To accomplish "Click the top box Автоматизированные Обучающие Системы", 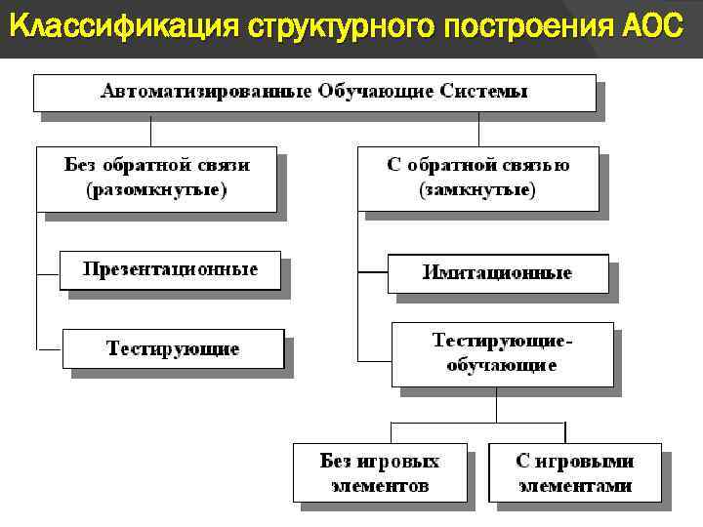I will click(x=314, y=92).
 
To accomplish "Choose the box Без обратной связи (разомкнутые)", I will click(x=156, y=178).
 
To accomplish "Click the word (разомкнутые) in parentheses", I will click(x=156, y=190).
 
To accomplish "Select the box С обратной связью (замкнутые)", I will click(x=477, y=178).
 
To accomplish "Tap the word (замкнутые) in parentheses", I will click(x=477, y=190).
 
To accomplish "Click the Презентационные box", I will click(x=170, y=269).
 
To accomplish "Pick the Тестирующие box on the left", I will click(x=173, y=348).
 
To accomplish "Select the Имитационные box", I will click(x=497, y=273).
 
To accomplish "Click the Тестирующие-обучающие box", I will click(x=502, y=353).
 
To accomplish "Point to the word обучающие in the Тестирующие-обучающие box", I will click(x=502, y=366).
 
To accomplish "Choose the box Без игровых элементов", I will click(x=379, y=472).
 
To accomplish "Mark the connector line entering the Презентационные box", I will click(x=49, y=269).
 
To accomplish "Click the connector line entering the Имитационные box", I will click(x=373, y=269).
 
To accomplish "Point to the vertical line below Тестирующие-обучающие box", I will click(x=495, y=404).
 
